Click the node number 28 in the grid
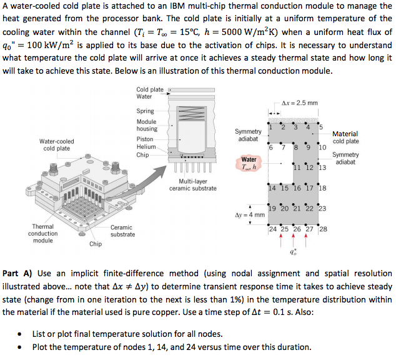tap(322, 229)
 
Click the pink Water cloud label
tap(249, 162)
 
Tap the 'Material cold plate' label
tap(345, 137)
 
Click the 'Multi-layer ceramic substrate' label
tap(193, 184)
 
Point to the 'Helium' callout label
tap(146, 147)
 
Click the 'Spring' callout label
tap(145, 111)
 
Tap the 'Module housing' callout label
tap(147, 125)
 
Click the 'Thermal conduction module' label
tap(42, 233)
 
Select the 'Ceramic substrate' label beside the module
tap(122, 231)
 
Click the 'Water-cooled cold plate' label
tap(56, 144)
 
